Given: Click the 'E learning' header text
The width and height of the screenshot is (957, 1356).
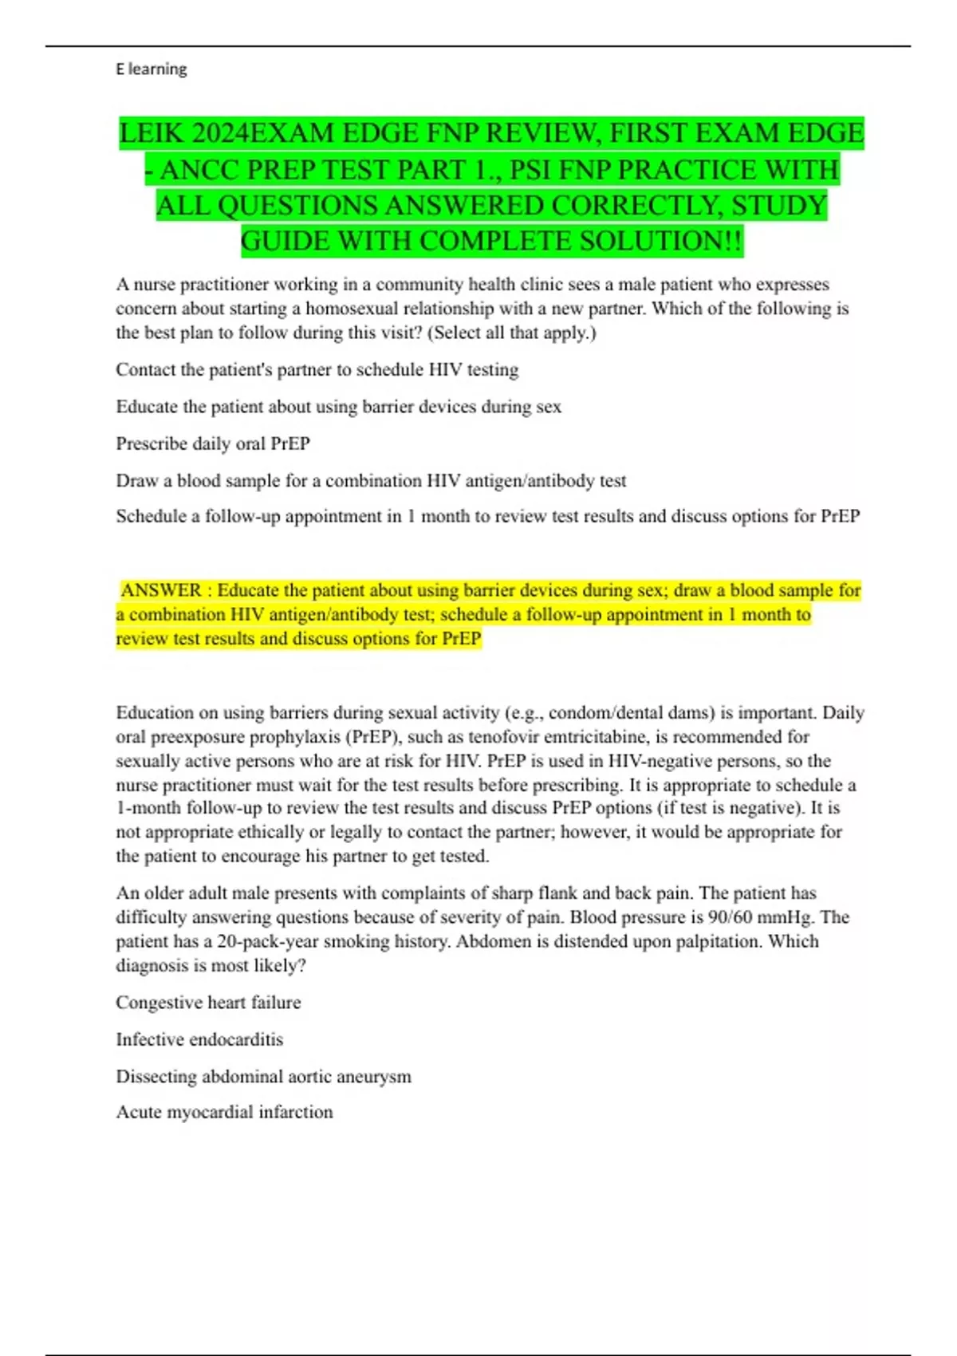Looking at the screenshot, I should point(152,69).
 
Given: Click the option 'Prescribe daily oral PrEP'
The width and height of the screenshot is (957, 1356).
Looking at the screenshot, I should point(213,443).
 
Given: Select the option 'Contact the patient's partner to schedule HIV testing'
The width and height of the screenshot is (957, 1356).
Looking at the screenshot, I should point(317,370).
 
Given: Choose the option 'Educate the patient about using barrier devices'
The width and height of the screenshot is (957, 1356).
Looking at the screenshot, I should point(338,407).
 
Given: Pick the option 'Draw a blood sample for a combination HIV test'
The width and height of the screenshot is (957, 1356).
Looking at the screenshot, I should point(371,481).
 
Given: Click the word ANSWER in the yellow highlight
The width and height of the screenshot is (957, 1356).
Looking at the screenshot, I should point(161,591).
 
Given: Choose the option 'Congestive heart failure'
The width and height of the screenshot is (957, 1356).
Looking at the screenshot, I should point(208,1003).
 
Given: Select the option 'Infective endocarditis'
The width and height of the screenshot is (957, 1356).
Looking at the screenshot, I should point(199,1039).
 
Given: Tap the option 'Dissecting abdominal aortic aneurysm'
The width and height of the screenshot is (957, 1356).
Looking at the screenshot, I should point(263,1077).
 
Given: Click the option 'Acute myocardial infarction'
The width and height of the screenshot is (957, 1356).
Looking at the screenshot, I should point(224,1113).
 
